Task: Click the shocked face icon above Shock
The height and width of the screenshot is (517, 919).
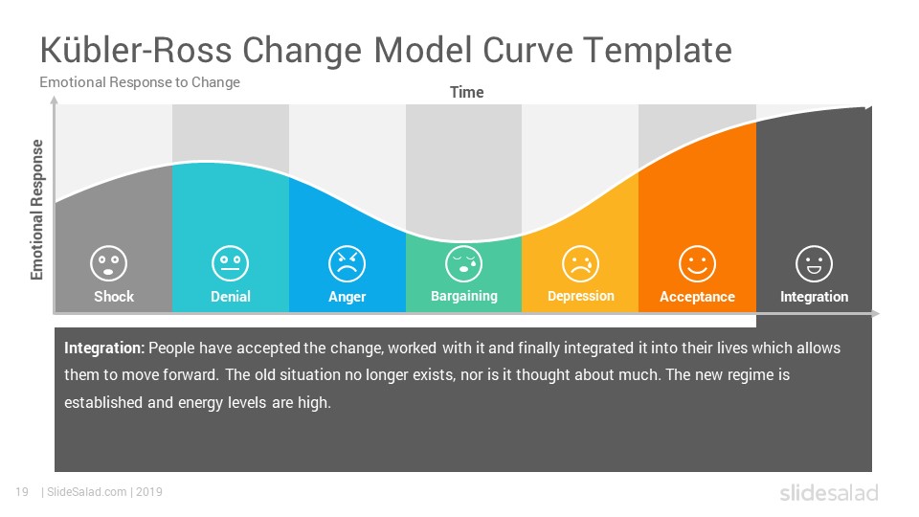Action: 108,263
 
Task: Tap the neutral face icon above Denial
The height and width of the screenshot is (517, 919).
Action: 231,263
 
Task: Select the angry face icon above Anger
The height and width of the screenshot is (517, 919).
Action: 347,264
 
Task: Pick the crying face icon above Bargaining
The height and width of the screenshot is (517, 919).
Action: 463,264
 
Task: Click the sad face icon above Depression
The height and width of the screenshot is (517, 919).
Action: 580,264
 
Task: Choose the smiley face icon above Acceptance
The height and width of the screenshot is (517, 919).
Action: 697,264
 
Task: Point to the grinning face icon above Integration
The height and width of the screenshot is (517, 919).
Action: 814,264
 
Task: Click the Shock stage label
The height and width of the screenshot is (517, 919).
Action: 114,297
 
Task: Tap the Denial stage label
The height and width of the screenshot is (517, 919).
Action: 231,297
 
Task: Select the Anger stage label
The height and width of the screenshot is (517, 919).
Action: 347,297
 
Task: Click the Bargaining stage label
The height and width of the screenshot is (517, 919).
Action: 464,297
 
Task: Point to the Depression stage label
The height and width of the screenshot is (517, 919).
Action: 581,297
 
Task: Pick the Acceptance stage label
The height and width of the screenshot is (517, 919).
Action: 698,297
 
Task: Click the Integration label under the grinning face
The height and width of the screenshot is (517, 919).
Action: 814,297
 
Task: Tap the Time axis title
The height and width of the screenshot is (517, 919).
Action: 466,93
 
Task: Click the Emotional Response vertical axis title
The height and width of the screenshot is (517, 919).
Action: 37,210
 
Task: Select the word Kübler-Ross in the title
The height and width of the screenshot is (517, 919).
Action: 136,50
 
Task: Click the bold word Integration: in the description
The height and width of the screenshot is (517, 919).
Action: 104,348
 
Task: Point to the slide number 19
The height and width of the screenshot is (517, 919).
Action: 22,492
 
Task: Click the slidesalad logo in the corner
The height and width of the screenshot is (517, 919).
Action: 829,492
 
